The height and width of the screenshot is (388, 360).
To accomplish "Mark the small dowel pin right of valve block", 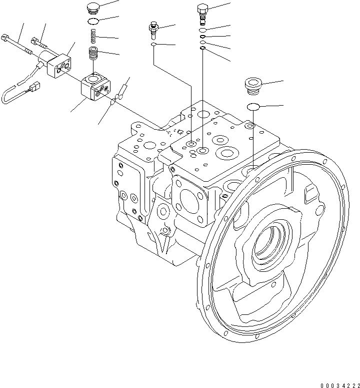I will tap(122, 93).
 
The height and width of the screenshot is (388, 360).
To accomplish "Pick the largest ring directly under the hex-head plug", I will tap(202, 30).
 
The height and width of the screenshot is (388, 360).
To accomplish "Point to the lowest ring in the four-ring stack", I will tap(202, 49).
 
